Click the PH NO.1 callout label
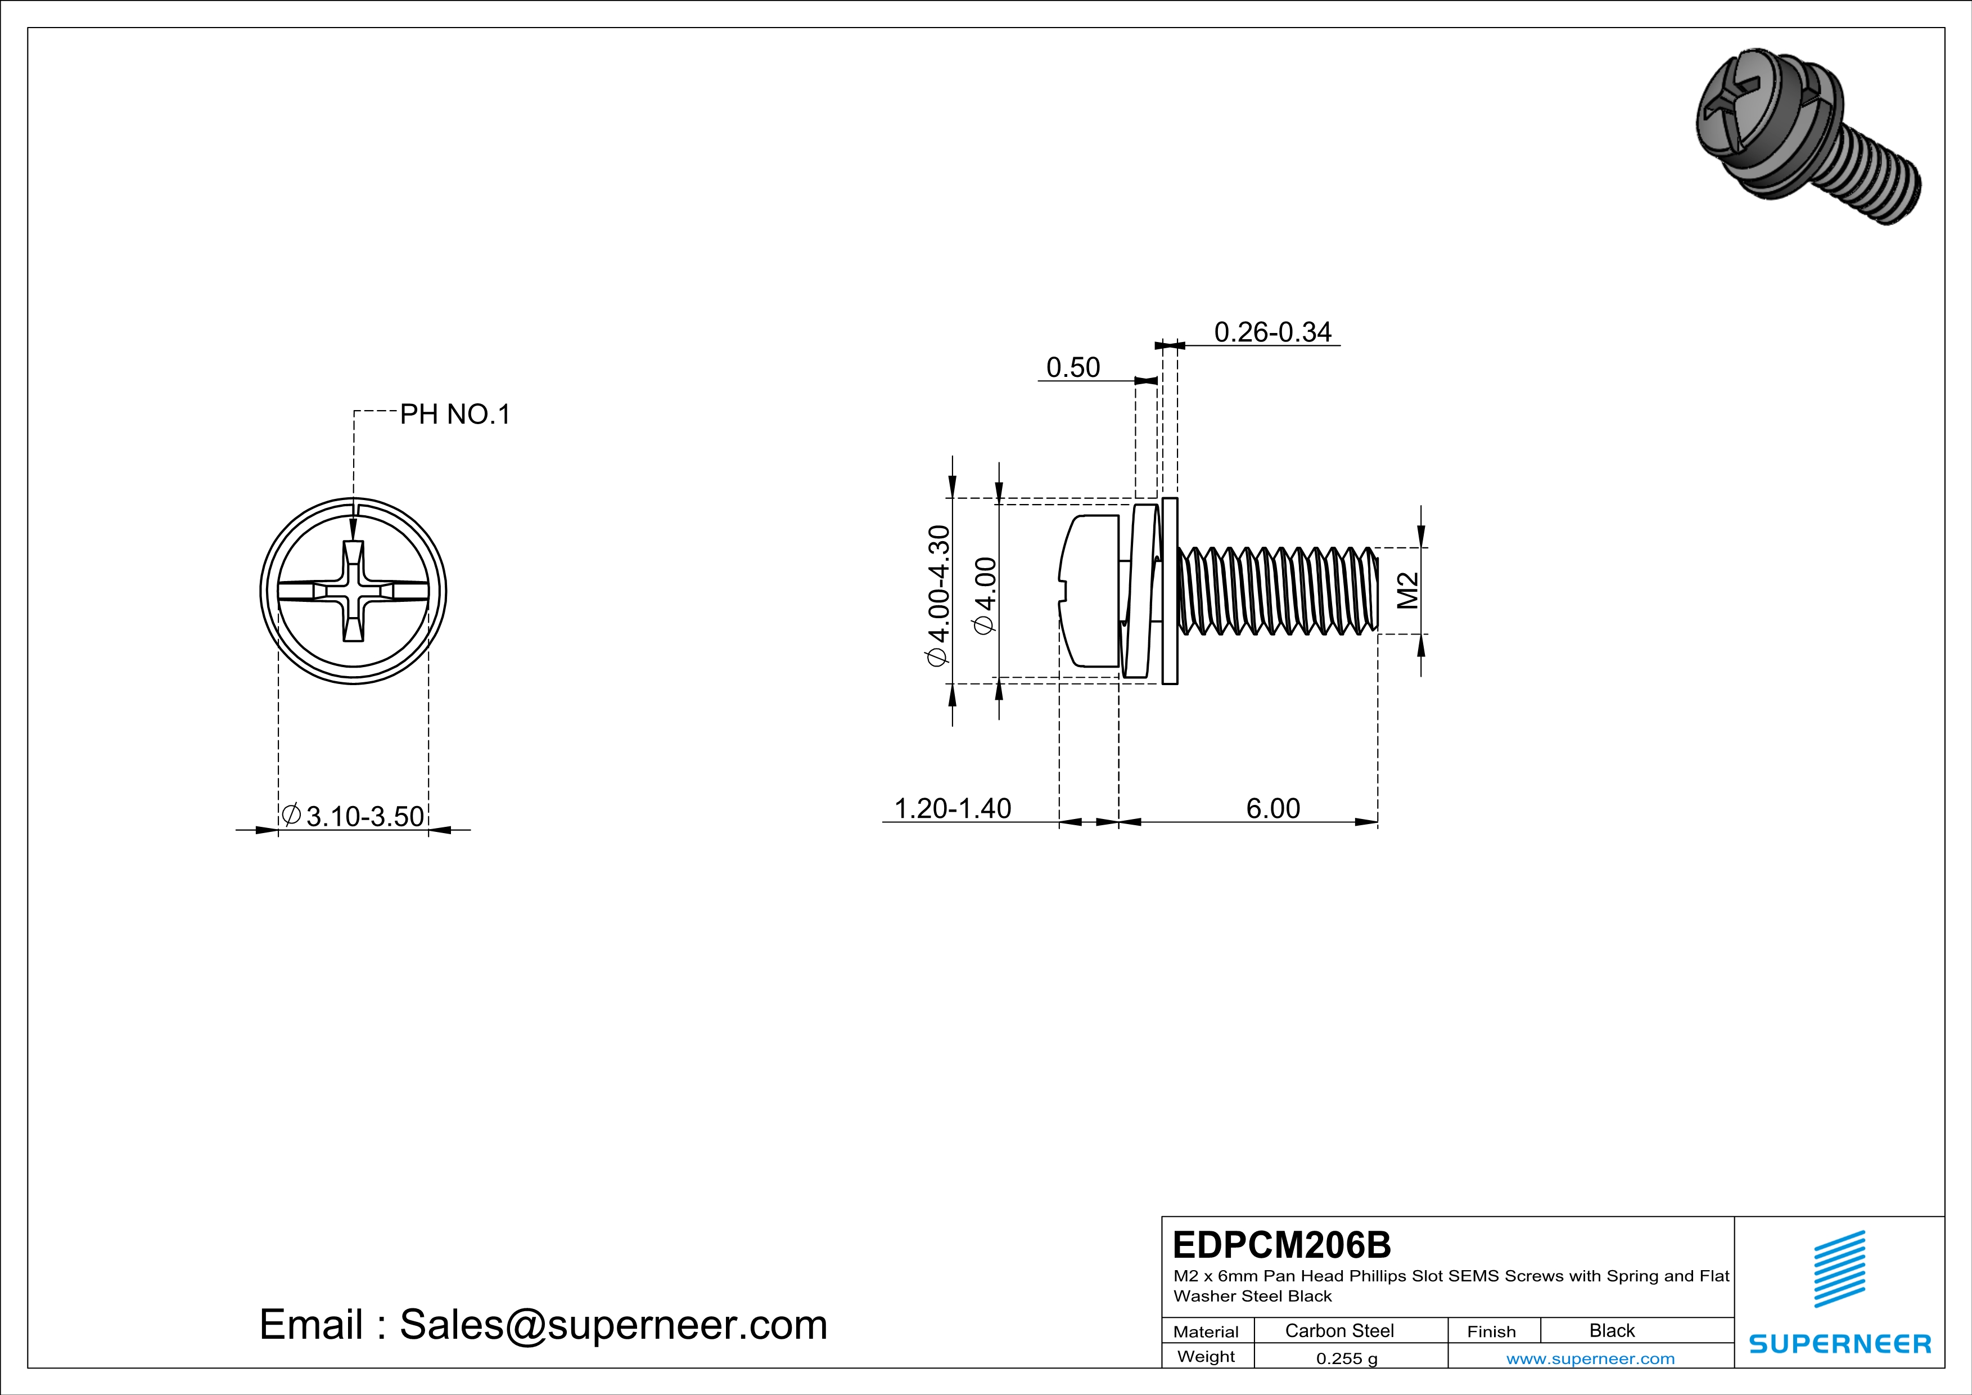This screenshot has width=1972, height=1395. tap(455, 415)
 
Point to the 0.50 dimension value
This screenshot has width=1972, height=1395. tap(1073, 368)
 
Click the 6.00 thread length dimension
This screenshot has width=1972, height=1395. tap(1273, 808)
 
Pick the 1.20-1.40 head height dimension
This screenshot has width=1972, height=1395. tap(953, 808)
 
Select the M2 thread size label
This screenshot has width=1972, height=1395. tap(1407, 591)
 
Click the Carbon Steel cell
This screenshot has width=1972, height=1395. tap(1339, 1330)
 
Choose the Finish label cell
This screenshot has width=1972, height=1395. tap(1491, 1331)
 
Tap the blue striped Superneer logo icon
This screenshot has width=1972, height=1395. tap(1839, 1269)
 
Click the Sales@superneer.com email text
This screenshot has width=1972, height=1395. tap(613, 1325)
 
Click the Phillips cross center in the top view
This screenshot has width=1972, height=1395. tap(353, 591)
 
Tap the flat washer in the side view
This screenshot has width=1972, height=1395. tap(1170, 591)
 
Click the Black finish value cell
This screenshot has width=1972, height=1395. tap(1611, 1330)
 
